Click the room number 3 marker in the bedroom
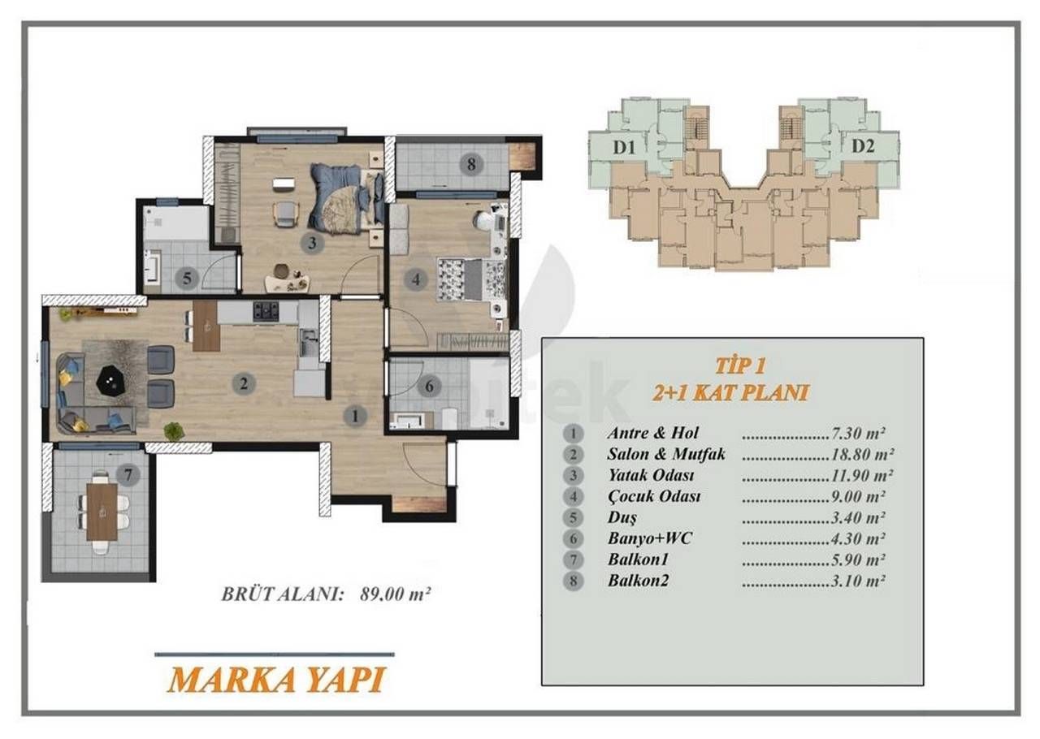311,242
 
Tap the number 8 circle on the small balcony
471,164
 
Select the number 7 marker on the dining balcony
126,473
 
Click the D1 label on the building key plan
624,147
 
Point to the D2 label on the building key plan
862,147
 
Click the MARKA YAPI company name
276,679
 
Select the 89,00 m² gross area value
395,594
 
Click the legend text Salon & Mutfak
665,454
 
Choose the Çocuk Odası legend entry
653,496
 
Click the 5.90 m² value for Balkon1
865,560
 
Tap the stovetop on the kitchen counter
266,310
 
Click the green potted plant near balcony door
173,431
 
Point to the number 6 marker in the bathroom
430,386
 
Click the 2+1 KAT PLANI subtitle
731,393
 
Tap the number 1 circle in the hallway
354,416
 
